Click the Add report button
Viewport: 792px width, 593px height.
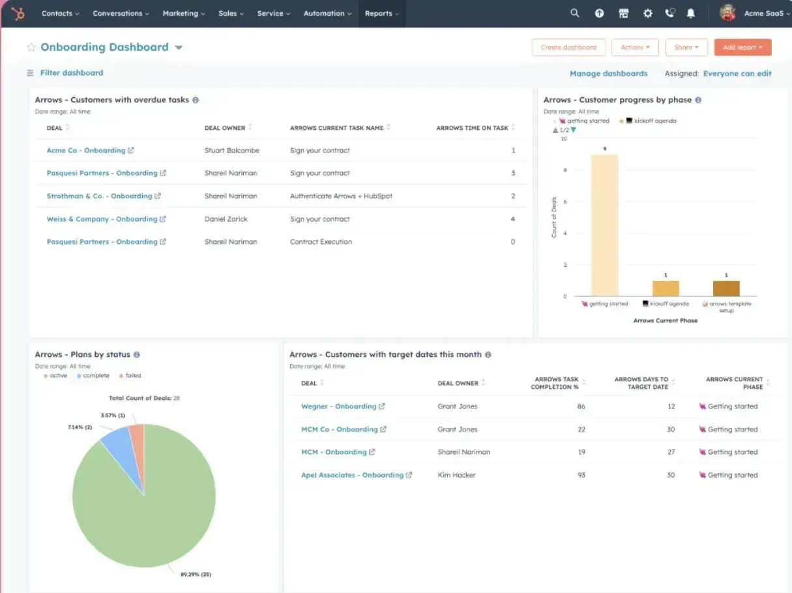coord(742,48)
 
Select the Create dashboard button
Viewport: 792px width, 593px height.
coord(568,48)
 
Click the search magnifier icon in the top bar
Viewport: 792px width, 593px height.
coord(574,14)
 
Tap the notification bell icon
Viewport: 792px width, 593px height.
coord(691,14)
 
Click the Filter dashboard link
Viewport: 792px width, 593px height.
coord(71,73)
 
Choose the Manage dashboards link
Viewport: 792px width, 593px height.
coord(608,74)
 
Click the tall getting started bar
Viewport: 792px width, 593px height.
coord(604,225)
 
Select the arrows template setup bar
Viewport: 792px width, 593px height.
coord(726,288)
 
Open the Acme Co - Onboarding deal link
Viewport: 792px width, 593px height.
coord(86,151)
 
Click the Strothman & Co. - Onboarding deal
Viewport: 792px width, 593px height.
coord(99,196)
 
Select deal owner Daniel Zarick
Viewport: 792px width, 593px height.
coord(226,219)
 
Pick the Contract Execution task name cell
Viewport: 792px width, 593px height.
coord(321,242)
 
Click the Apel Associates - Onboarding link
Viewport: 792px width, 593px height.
coord(352,476)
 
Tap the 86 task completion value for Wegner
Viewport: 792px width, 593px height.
coord(581,406)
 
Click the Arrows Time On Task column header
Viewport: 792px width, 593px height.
coord(472,128)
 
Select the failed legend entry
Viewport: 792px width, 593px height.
coord(133,376)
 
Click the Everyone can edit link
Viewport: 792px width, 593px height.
coord(737,74)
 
